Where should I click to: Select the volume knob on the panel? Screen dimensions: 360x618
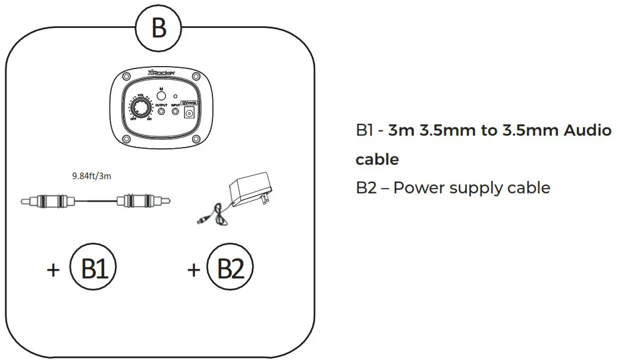click(x=141, y=108)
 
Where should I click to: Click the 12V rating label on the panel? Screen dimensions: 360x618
click(x=190, y=102)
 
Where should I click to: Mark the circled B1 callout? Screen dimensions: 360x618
click(x=93, y=269)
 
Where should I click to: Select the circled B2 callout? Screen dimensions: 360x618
click(x=230, y=269)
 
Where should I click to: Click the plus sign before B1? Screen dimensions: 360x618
click(x=54, y=270)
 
